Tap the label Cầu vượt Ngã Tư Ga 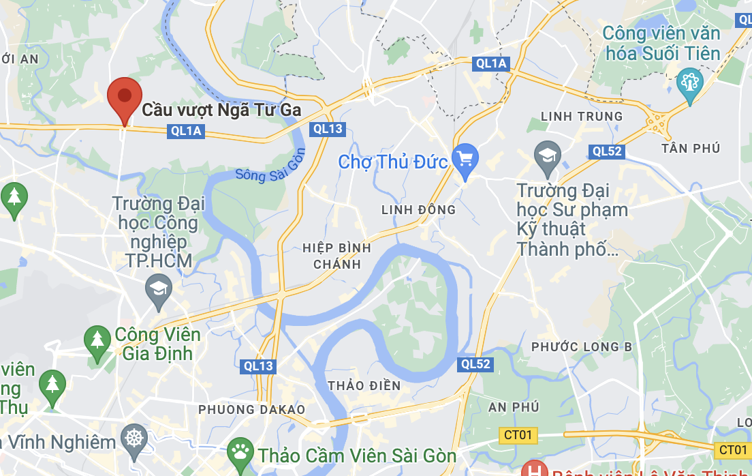pos(221,110)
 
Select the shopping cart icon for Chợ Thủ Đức pos(466,160)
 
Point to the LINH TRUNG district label pos(581,117)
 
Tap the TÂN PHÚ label pos(690,148)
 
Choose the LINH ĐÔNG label pos(418,209)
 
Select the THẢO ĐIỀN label pos(364,385)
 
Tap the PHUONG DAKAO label pos(251,409)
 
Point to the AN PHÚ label pos(514,407)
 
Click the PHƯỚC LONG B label pos(582,347)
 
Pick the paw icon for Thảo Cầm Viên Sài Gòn pos(239,451)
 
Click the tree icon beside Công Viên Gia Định pos(97,338)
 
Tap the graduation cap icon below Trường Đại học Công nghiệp pos(159,289)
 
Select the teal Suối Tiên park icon pos(690,83)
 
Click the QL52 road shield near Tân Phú pos(607,151)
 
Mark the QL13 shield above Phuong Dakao pos(259,366)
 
